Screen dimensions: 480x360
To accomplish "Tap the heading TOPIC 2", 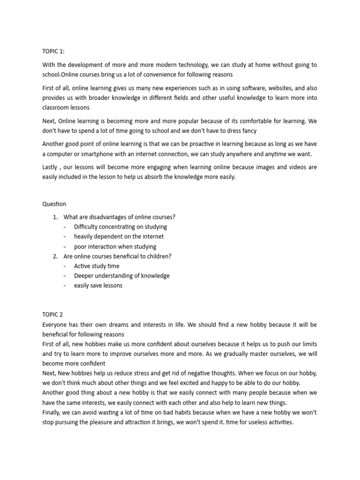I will point(52,315).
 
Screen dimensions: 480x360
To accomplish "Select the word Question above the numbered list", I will point(54,204).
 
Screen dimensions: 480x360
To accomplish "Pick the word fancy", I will point(247,131).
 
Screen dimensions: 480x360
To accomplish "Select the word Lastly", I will point(51,168).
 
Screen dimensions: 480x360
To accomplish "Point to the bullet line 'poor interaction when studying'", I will point(115,247).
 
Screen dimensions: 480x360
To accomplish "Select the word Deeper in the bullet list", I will point(84,276).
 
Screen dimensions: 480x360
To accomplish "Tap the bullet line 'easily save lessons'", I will point(98,285).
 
